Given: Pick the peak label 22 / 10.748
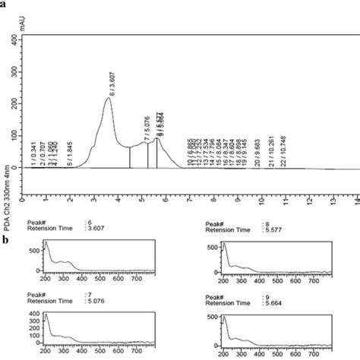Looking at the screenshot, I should coord(283,153).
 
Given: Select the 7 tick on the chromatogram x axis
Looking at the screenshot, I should coord(190,201).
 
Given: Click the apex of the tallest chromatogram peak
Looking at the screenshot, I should coord(109,98).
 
